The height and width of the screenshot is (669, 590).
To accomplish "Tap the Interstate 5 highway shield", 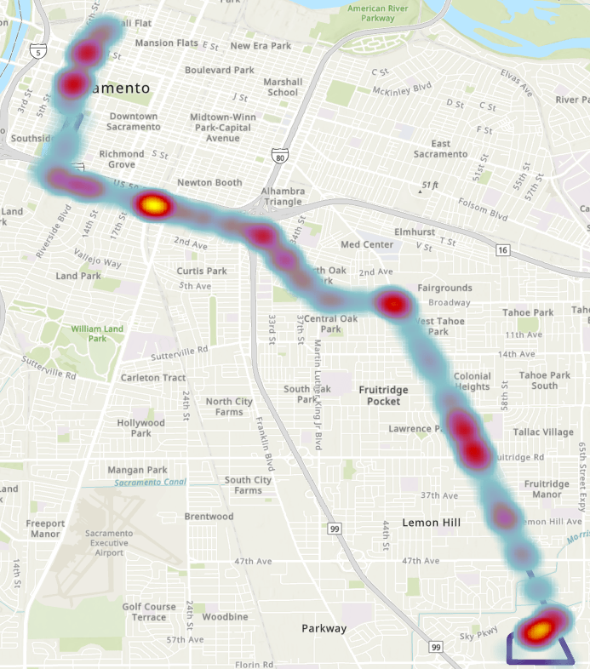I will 37,52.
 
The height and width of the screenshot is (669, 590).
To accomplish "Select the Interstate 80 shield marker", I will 281,155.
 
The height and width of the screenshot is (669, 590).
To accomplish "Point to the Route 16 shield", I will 503,249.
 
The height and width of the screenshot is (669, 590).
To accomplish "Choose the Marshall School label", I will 283,87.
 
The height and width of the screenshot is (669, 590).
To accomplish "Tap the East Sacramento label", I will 440,149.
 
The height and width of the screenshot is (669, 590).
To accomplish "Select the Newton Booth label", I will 209,183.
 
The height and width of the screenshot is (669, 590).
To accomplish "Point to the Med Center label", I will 367,244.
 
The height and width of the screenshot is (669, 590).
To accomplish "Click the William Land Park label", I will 97,333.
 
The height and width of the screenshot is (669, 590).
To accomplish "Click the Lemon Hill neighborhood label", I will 432,523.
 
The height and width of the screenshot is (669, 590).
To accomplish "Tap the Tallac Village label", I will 543,432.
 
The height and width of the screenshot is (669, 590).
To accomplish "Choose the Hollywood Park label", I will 140,427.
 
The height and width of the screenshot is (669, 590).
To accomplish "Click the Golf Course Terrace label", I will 149,611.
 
